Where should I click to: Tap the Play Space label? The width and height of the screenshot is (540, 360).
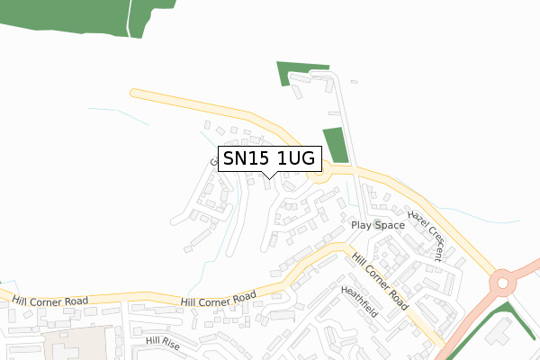coord(378,225)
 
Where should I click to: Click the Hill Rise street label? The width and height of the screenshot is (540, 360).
coord(163,343)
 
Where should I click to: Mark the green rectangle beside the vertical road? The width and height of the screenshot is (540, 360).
coord(335,146)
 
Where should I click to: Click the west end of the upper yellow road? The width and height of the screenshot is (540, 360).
coord(135,92)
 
